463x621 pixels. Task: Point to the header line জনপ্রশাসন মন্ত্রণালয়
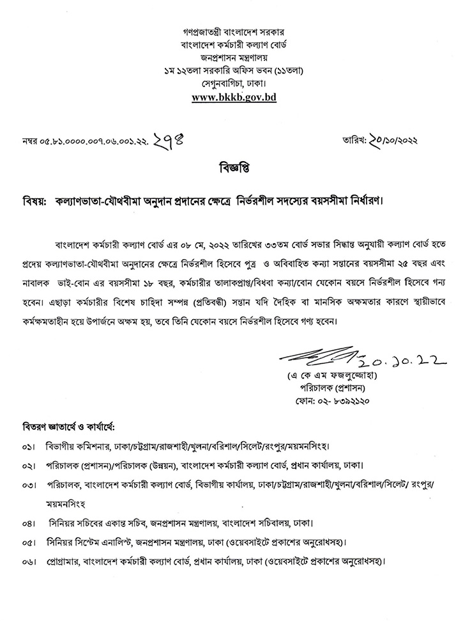click(x=231, y=56)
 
